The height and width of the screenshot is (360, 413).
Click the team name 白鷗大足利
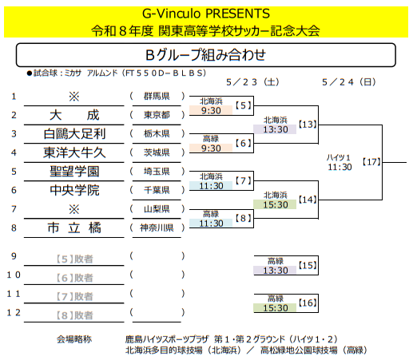[74, 134]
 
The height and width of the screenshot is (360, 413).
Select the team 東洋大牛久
[74, 152]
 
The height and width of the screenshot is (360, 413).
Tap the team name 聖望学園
[74, 172]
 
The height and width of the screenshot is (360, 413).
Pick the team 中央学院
[74, 190]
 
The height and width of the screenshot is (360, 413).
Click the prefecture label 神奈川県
[157, 227]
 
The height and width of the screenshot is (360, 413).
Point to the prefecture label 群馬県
[157, 96]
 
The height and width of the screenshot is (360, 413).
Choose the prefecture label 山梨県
[157, 209]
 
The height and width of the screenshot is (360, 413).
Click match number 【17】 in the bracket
[371, 162]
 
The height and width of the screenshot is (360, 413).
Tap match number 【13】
[308, 125]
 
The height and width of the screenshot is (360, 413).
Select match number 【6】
[244, 143]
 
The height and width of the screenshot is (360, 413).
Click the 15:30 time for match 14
[276, 204]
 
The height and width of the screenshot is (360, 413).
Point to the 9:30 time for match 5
[211, 110]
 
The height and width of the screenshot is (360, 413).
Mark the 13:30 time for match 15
[276, 271]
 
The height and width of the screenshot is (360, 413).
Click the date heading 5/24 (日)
[349, 82]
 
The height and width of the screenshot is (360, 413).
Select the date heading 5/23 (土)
[253, 82]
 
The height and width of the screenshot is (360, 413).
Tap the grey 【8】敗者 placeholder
[74, 315]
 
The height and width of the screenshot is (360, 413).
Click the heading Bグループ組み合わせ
[205, 55]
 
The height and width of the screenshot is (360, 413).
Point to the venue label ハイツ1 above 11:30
[339, 157]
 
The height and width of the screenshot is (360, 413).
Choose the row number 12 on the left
[14, 313]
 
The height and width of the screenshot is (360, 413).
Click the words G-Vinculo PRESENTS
[206, 14]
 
